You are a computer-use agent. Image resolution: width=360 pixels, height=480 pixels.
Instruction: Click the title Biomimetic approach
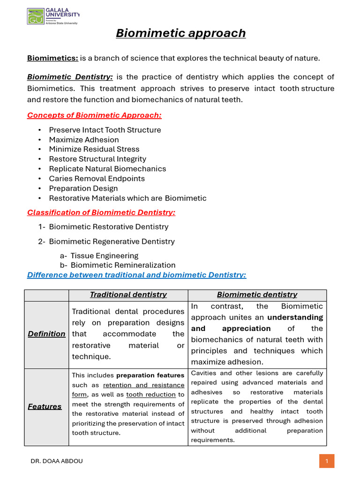tap(180, 33)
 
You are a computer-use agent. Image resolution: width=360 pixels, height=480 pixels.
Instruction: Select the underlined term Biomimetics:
tap(52, 58)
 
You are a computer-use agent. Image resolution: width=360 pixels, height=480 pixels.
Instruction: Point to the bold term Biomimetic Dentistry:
tap(70, 77)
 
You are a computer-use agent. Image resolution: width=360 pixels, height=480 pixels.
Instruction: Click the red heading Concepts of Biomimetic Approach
tap(94, 115)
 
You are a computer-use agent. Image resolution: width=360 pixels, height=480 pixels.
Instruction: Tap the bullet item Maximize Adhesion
tap(84, 140)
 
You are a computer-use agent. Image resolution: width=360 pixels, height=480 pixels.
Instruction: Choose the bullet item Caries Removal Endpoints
tap(97, 179)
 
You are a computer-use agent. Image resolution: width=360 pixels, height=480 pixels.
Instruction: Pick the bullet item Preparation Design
tap(83, 188)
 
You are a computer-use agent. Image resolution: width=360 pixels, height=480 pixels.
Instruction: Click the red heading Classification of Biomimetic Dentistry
tap(101, 212)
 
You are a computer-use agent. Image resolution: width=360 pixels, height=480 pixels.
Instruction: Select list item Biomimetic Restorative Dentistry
tap(108, 227)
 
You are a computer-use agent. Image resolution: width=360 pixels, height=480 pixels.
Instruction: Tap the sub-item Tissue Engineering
tap(104, 255)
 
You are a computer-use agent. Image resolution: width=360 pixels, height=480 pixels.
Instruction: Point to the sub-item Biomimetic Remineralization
tap(123, 265)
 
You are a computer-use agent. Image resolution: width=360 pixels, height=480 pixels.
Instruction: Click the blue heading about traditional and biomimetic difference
tap(136, 275)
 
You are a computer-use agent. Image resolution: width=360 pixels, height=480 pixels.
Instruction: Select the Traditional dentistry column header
tap(128, 295)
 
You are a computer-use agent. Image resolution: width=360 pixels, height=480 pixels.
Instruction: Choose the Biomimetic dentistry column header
tap(257, 295)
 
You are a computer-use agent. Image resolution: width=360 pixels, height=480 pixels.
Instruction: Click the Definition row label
tap(46, 334)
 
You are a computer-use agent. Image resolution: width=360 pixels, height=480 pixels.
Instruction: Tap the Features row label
tap(45, 406)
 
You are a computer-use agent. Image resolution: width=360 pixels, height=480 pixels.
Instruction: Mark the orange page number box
tap(327, 461)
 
